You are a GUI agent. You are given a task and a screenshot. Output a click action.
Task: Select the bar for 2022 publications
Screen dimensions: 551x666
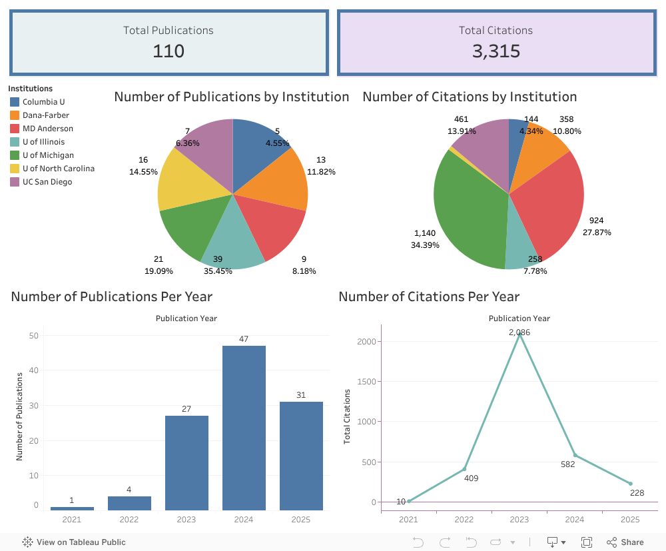(129, 503)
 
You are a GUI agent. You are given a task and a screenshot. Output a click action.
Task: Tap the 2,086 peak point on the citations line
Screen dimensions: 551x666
(519, 334)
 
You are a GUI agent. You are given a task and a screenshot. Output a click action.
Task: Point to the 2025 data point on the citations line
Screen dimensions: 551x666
(630, 484)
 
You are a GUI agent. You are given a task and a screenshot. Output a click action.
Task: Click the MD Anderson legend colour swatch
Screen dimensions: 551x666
(15, 129)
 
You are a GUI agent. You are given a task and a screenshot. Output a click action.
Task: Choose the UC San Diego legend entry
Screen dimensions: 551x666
(47, 182)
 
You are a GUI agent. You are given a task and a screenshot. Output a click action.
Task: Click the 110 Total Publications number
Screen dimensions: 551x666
(168, 51)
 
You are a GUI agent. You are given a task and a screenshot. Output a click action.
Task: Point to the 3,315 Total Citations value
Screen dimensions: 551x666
(496, 51)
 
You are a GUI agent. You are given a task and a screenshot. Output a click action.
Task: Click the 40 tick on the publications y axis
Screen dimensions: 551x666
(33, 370)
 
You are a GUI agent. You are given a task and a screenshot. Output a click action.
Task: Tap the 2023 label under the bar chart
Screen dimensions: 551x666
(186, 520)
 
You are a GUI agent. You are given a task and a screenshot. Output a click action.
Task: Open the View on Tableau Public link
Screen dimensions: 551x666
(75, 542)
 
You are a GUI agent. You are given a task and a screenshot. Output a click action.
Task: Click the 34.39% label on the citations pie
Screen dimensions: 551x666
(425, 245)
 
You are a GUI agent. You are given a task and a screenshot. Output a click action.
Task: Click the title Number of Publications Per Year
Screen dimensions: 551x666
(112, 296)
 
